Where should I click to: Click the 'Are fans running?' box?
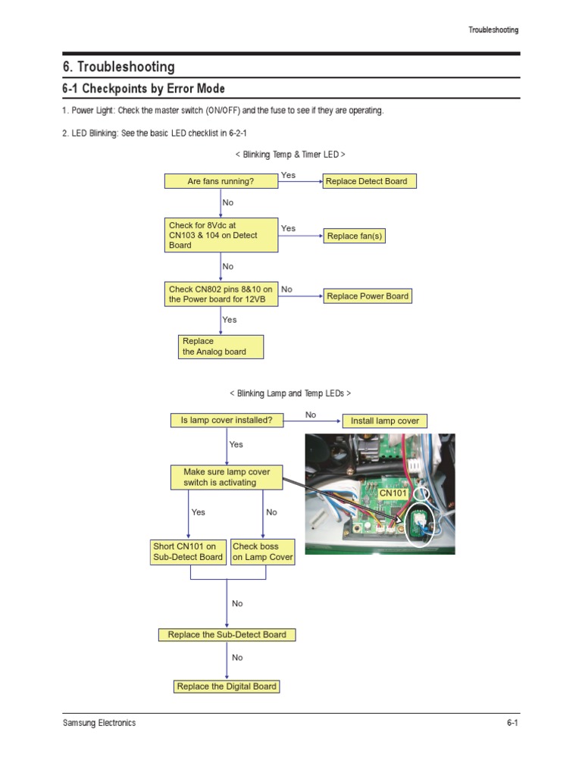221,181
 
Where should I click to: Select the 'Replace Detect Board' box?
369,181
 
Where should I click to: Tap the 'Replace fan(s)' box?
355,236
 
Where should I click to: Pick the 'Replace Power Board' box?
368,296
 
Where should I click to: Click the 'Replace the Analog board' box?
221,346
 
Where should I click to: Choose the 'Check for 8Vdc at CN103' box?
221,235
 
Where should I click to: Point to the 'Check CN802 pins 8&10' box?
221,294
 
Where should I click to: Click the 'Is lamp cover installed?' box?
227,420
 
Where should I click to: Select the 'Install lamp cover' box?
384,421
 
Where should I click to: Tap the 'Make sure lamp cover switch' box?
227,477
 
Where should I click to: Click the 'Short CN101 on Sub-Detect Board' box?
189,552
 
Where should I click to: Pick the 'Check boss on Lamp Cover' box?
262,552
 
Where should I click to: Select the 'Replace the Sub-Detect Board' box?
227,634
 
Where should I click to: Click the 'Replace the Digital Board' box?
227,687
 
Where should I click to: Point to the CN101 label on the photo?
394,493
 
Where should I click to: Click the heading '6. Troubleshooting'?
118,67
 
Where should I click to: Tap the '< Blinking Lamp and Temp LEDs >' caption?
290,393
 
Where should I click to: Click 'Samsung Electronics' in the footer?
99,723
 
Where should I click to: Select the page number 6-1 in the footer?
512,723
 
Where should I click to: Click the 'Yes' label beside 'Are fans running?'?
289,175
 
